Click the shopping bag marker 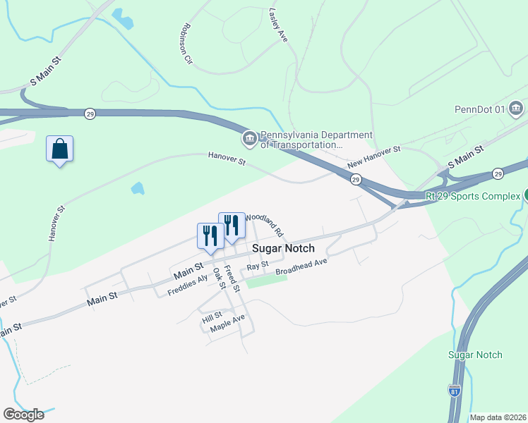click(60, 149)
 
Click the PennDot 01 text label click(479, 109)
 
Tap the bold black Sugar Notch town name click(283, 248)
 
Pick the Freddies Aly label click(188, 285)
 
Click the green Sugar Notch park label click(475, 355)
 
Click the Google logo click(23, 415)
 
